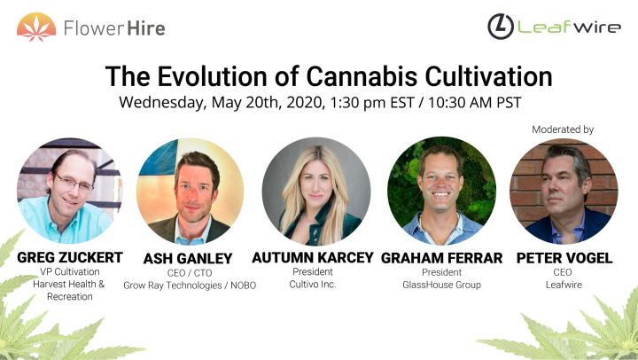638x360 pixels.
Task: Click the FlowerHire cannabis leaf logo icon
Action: coord(36,27)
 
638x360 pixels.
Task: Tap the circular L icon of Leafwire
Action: coord(502,27)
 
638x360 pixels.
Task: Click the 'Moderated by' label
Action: coord(563,129)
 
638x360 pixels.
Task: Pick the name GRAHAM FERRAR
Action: coord(441,257)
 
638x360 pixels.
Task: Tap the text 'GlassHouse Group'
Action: coord(441,284)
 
